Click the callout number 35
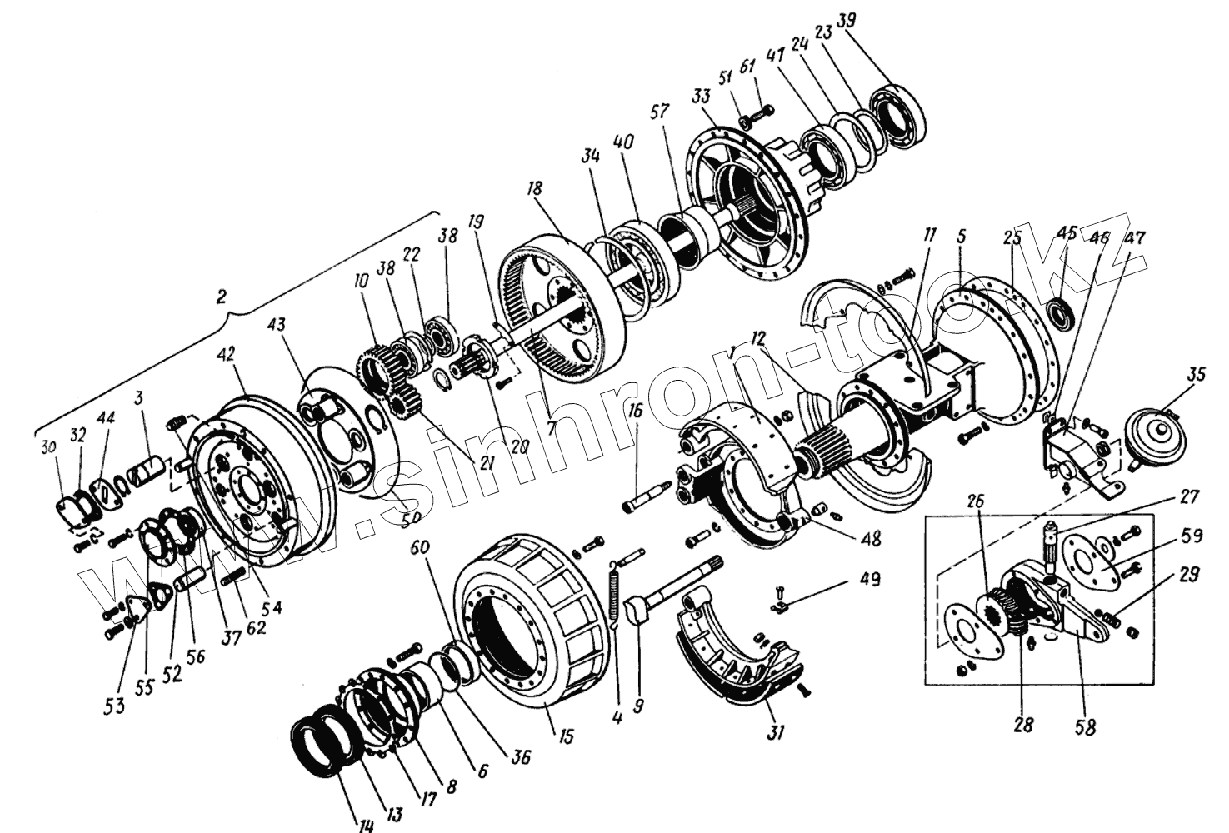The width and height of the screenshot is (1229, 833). pos(1196,375)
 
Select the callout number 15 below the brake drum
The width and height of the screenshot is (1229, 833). pos(566,736)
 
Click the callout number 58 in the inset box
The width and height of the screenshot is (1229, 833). pos(1085,726)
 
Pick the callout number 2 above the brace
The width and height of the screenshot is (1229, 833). pos(222,297)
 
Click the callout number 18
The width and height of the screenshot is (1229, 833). pos(534,189)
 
